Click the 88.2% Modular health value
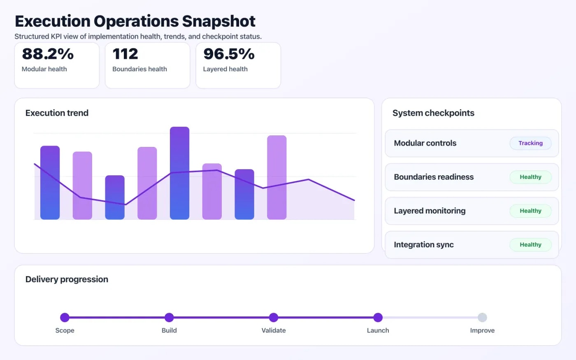pos(48,54)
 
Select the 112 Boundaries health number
pos(125,54)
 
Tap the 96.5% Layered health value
pos(229,54)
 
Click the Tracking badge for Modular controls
pos(530,143)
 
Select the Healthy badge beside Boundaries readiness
pos(530,177)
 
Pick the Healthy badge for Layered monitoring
pos(530,211)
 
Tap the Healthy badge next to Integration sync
pos(530,244)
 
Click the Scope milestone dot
pos(65,317)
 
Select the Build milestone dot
pos(169,317)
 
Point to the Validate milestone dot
pos(274,317)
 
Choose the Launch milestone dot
pos(378,317)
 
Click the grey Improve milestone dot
pos(482,317)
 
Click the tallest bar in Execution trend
pos(179,173)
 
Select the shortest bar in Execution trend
pos(115,197)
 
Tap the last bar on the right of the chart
pos(276,177)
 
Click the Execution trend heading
pos(57,113)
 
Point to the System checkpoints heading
pos(433,113)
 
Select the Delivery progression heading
pos(67,279)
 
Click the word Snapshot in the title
pos(218,21)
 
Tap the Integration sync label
pos(423,245)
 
